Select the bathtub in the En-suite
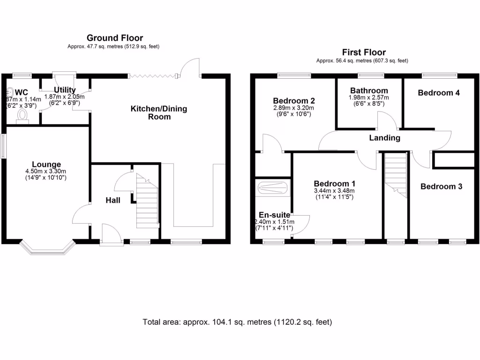273,188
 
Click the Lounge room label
46,165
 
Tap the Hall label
112,200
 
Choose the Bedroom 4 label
439,93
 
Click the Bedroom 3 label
441,187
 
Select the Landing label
384,138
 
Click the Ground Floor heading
115,38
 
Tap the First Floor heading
364,52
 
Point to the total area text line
237,322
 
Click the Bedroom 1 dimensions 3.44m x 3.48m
334,191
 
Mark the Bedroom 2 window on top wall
294,75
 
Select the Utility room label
65,90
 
